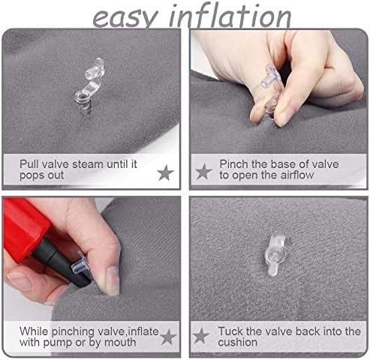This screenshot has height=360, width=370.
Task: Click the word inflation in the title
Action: coord(230,16)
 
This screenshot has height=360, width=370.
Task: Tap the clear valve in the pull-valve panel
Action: coord(89,85)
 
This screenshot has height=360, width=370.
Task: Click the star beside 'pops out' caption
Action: coord(166,172)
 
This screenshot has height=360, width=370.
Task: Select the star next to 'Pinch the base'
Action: coord(203,172)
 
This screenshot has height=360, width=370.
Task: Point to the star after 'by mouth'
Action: coord(168,337)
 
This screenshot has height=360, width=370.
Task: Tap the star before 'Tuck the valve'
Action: coord(201,336)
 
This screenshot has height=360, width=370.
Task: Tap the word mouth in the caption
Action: coord(120,342)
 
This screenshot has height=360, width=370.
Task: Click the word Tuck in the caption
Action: coord(230,331)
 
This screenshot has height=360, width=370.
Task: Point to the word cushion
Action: coord(237,342)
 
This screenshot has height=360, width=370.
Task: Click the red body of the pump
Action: coord(24,225)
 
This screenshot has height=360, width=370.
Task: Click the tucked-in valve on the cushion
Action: coord(275,255)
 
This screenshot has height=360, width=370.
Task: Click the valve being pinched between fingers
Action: coord(269,87)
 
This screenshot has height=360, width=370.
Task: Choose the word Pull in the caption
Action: coord(29,164)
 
